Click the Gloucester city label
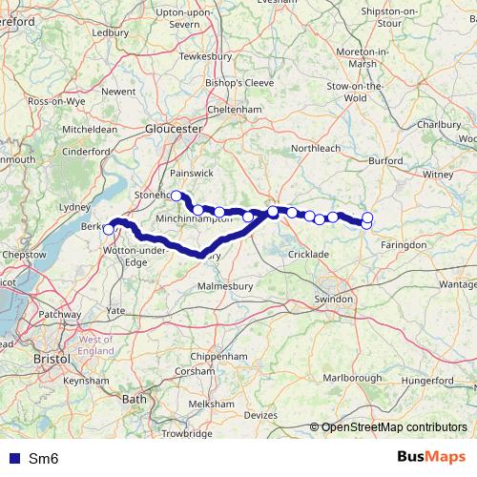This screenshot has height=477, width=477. pyautogui.click(x=174, y=127)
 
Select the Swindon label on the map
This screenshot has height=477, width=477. pyautogui.click(x=333, y=300)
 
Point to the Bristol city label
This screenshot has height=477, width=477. pyautogui.click(x=52, y=358)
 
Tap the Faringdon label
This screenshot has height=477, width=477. pyautogui.click(x=404, y=245)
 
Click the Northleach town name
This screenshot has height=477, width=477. pyautogui.click(x=315, y=150)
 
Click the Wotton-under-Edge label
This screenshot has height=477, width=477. pyautogui.click(x=123, y=255)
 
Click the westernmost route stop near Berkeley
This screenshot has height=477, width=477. pyautogui.click(x=109, y=229)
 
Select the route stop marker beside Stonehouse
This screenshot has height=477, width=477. pyautogui.click(x=176, y=195)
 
